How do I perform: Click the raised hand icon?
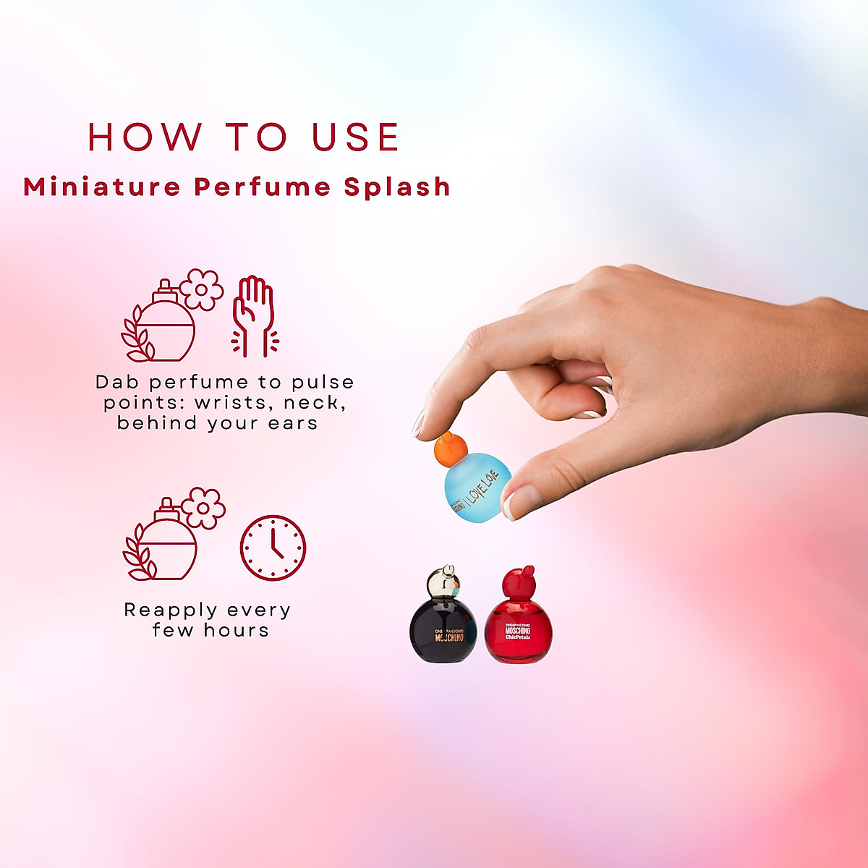pyautogui.click(x=254, y=315)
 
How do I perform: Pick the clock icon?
pyautogui.click(x=273, y=548)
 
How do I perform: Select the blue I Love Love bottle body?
pyautogui.click(x=477, y=486)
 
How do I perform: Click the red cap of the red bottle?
pyautogui.click(x=517, y=581)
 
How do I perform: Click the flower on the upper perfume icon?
pyautogui.click(x=202, y=289)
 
